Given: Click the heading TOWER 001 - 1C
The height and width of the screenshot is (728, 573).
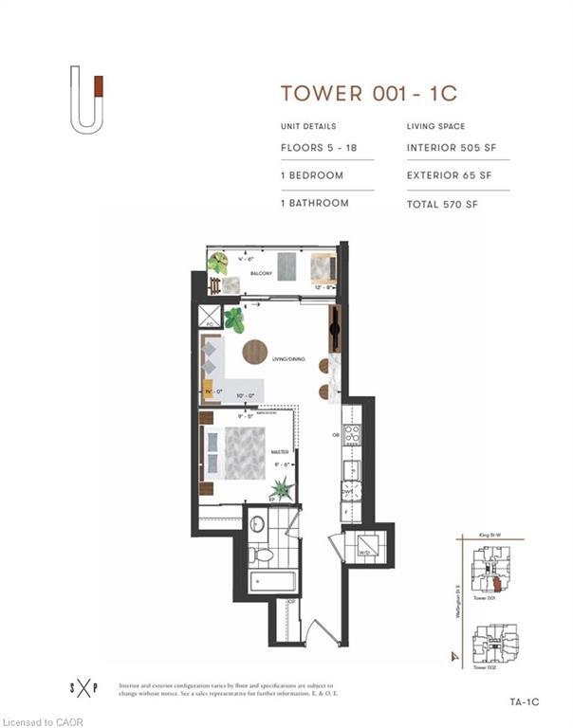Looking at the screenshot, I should pyautogui.click(x=369, y=93).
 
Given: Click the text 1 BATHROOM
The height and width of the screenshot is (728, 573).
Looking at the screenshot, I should pyautogui.click(x=314, y=203).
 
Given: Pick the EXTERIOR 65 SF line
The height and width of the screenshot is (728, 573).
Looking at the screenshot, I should pyautogui.click(x=451, y=175).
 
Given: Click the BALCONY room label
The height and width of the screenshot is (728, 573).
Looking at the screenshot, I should pyautogui.click(x=261, y=274).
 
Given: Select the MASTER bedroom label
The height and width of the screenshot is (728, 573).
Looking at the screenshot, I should pyautogui.click(x=279, y=452).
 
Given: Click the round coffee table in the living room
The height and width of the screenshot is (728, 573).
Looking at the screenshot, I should pyautogui.click(x=254, y=352).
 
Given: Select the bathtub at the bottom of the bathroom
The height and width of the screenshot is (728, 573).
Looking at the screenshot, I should pyautogui.click(x=272, y=581).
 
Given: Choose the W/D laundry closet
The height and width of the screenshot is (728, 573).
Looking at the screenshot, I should pyautogui.click(x=363, y=547).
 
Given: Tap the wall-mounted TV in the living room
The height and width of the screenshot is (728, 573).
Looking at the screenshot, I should pyautogui.click(x=335, y=328).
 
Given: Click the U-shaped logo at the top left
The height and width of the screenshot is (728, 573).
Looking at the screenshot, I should pyautogui.click(x=85, y=99).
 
